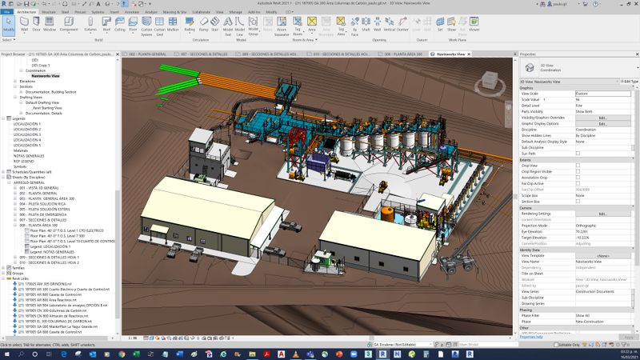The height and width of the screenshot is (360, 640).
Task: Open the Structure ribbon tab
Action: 48,13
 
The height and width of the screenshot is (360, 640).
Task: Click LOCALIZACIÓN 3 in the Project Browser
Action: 27,134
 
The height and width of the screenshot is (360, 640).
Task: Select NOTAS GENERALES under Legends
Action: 30,155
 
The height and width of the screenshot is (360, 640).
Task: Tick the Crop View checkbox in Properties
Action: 578,166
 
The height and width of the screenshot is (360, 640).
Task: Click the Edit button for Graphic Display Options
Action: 602,123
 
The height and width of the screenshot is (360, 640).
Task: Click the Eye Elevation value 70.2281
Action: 585,231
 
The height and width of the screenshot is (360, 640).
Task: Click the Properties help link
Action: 532,337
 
